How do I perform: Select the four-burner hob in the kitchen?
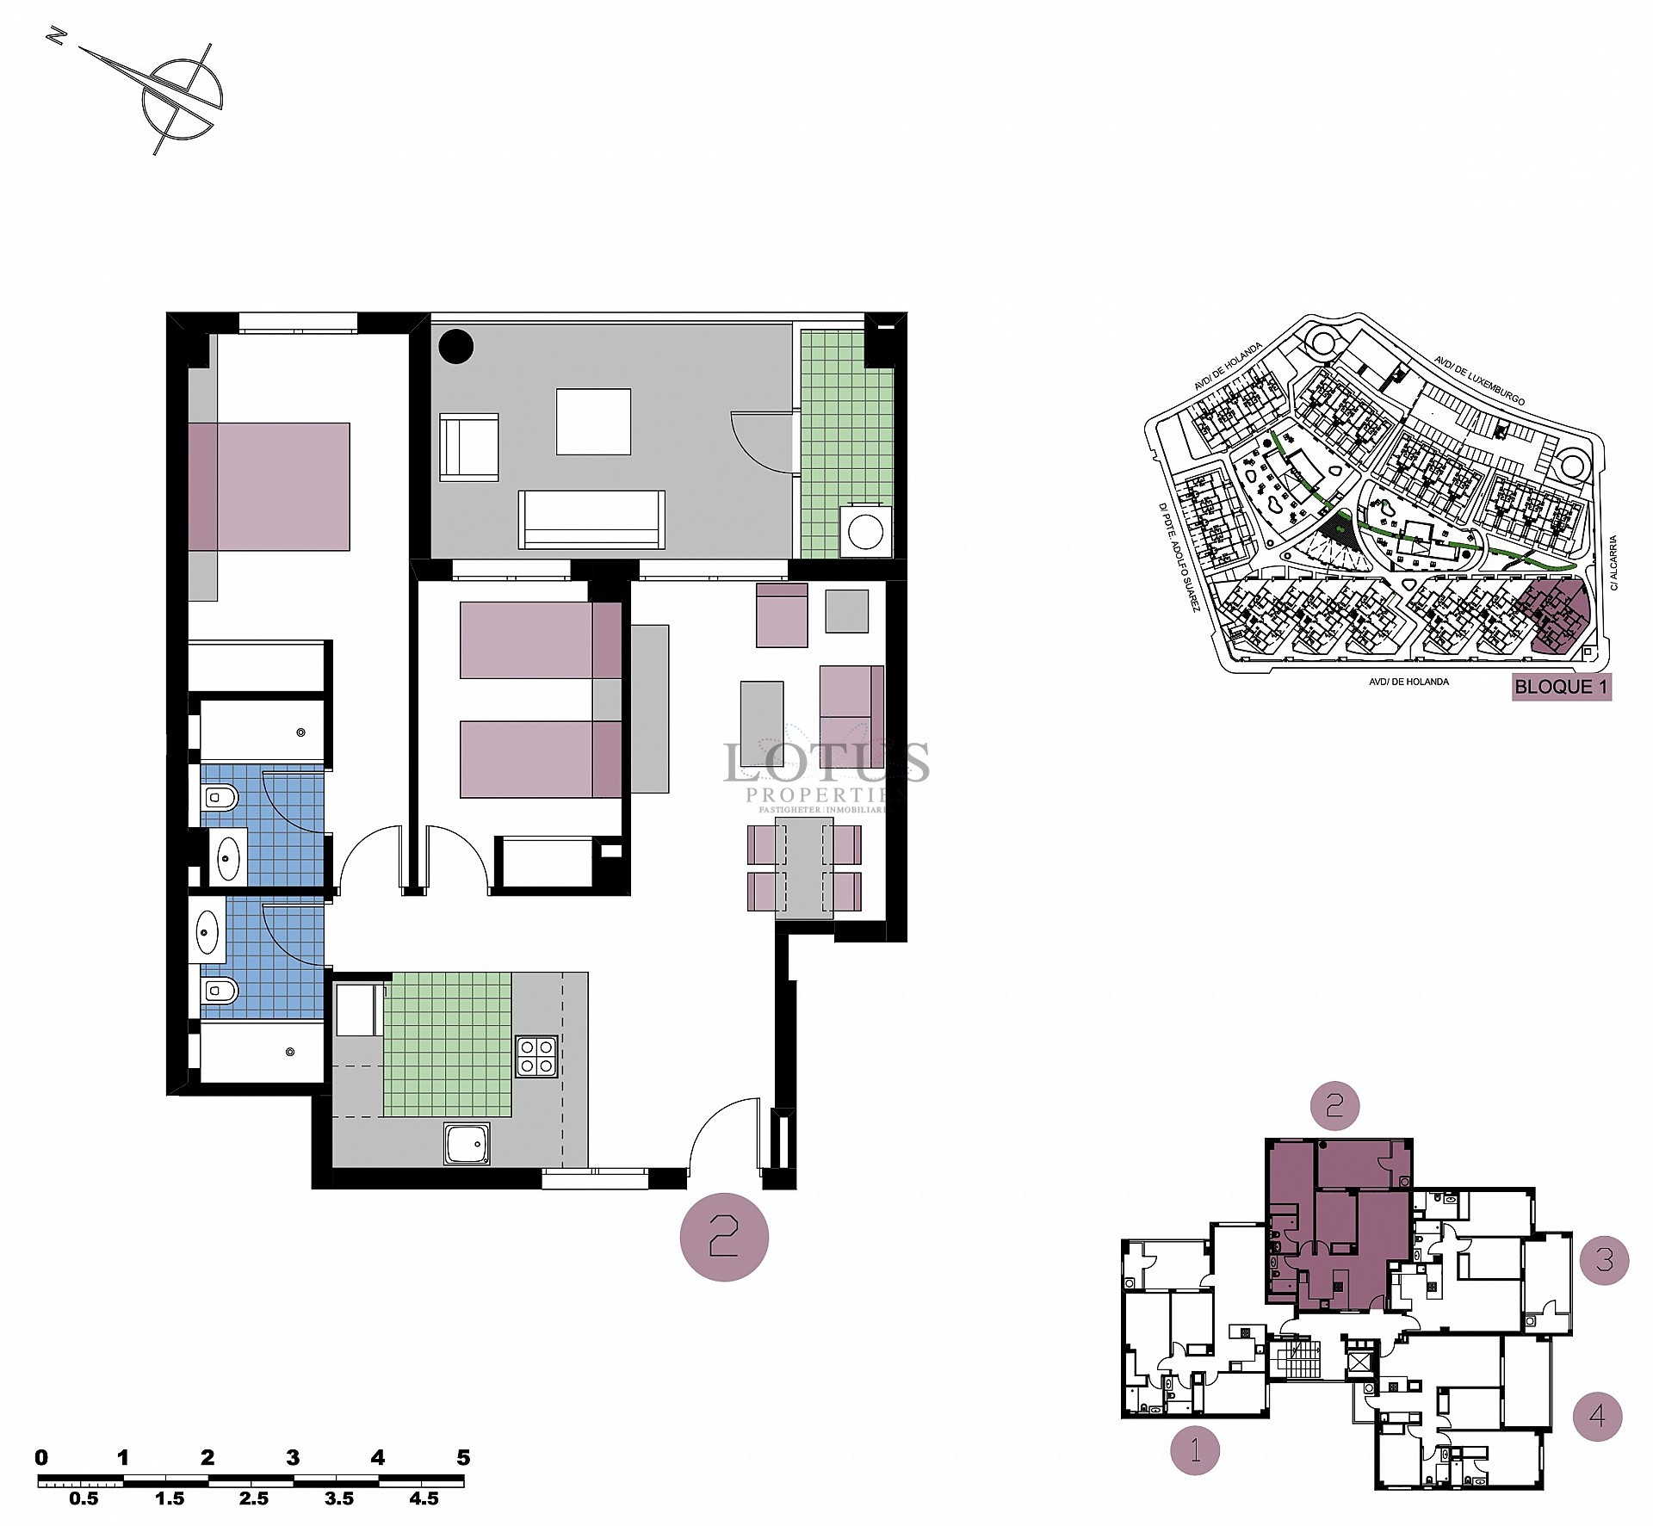[x=536, y=1056]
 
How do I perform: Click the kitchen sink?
[x=467, y=1144]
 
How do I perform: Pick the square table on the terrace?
[x=593, y=422]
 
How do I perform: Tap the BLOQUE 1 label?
[x=1561, y=687]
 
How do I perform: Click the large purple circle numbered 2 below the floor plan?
[x=724, y=1237]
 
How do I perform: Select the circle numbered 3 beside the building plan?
[x=1605, y=1261]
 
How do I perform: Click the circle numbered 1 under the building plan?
[x=1195, y=1450]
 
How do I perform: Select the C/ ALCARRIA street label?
[x=1614, y=563]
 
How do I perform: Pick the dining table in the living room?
[x=804, y=868]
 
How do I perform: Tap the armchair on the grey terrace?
[x=469, y=446]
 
